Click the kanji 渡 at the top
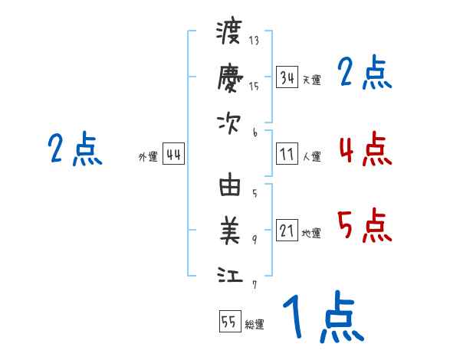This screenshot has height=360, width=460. click(x=229, y=33)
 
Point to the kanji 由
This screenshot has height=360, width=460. click(x=229, y=185)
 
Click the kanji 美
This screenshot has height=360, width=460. click(x=229, y=229)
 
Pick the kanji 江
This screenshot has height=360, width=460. click(x=229, y=275)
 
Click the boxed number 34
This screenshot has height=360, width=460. click(x=287, y=77)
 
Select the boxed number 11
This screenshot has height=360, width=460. click(x=287, y=155)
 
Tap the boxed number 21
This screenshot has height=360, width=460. click(x=287, y=231)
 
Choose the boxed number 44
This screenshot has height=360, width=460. click(x=174, y=155)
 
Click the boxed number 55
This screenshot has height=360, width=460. click(x=229, y=322)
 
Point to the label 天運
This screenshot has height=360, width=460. click(x=311, y=80)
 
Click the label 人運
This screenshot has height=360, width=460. click(x=311, y=157)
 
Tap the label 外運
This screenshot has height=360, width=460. click(x=148, y=157)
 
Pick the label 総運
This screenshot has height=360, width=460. click(x=255, y=324)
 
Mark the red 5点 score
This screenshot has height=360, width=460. click(x=364, y=226)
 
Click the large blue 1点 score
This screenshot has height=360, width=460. click(x=322, y=318)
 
